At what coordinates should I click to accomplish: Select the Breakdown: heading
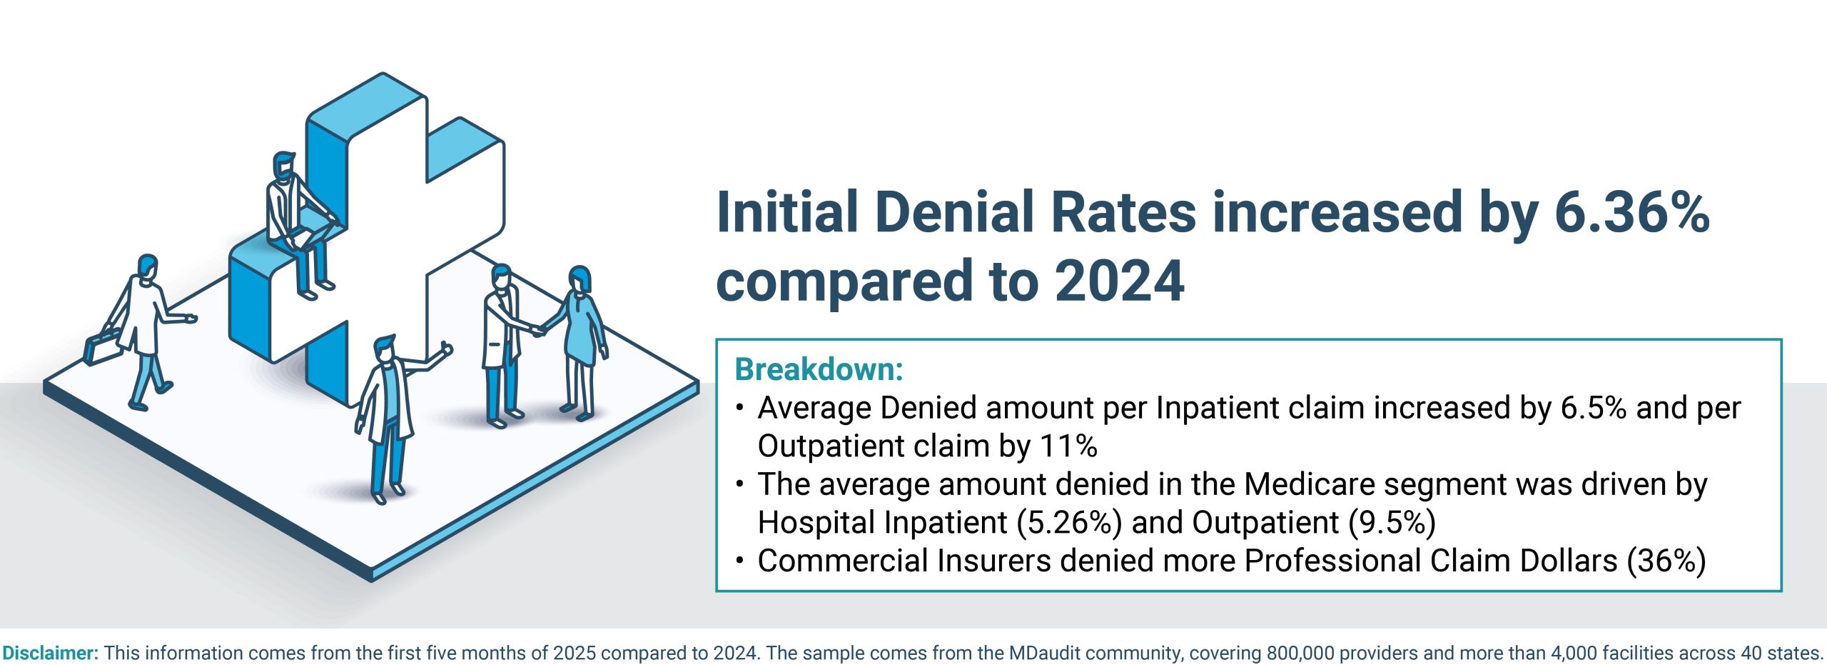coord(819,369)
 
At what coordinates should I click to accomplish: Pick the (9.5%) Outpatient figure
coord(1392,523)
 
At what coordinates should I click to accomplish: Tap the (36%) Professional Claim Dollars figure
coord(1666,561)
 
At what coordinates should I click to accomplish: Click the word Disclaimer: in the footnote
coord(50,653)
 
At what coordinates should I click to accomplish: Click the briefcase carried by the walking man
coord(102,346)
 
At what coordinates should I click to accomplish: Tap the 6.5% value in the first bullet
coord(1593,409)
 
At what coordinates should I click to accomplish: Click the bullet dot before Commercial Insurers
coord(740,560)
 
